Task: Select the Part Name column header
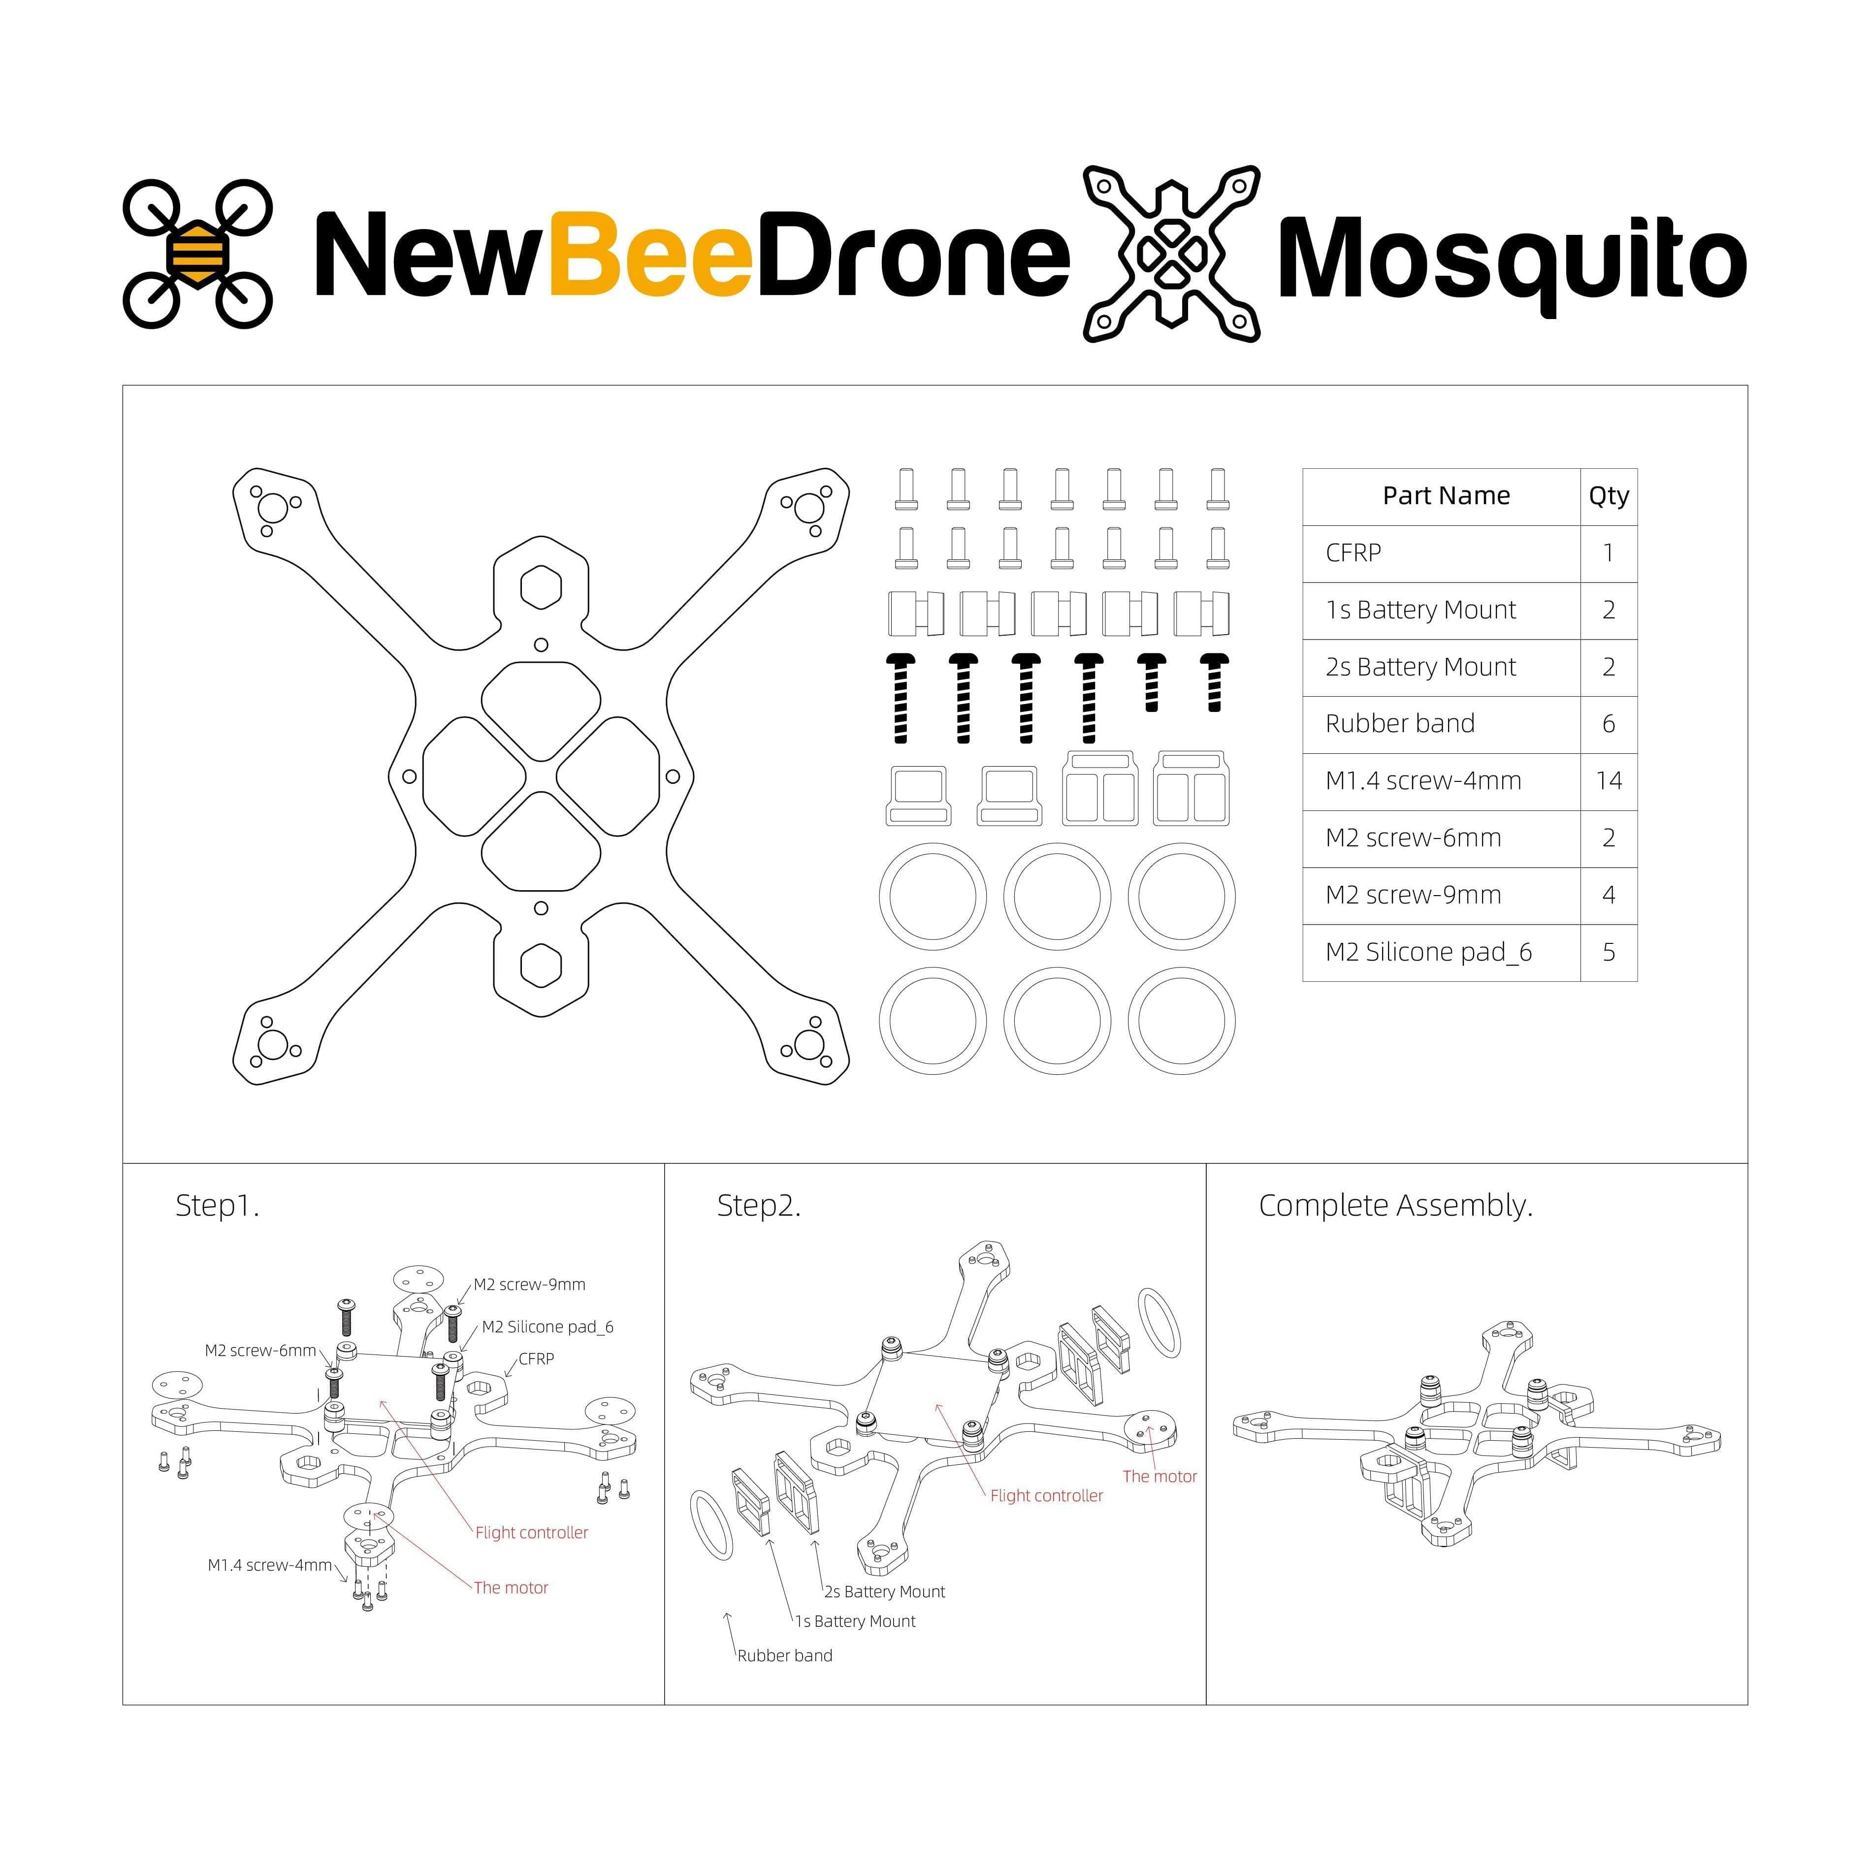(x=1446, y=496)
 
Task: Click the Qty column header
(x=1609, y=496)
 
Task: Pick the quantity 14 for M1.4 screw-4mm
(x=1609, y=780)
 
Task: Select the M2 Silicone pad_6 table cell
(x=1428, y=952)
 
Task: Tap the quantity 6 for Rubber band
(x=1609, y=723)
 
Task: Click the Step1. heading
(x=217, y=1206)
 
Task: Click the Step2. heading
(x=758, y=1206)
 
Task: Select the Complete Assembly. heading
(x=1395, y=1206)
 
